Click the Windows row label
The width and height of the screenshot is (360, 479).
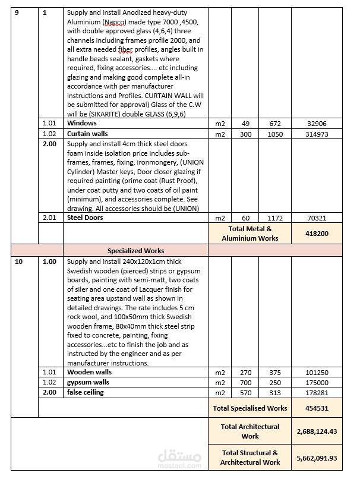pyautogui.click(x=81, y=123)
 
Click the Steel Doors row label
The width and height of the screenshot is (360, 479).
pyautogui.click(x=85, y=218)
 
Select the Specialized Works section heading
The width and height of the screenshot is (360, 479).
pyautogui.click(x=136, y=251)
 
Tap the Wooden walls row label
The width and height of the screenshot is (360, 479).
pyautogui.click(x=89, y=373)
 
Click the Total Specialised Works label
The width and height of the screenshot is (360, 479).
pyautogui.click(x=250, y=408)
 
